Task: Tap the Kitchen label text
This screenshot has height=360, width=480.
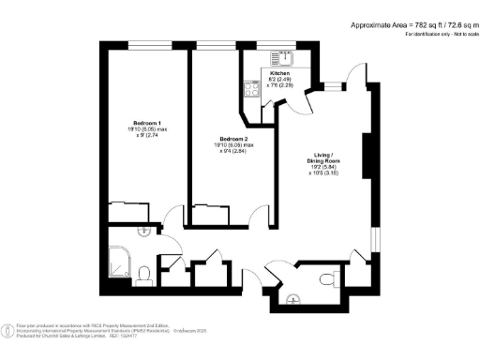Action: [x=280, y=73]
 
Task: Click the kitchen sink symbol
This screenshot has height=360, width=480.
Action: [x=280, y=56]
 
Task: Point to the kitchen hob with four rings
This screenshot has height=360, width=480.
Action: [x=251, y=90]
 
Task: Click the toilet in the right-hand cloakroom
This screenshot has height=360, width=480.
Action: [x=327, y=277]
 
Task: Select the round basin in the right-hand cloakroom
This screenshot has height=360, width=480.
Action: [x=294, y=299]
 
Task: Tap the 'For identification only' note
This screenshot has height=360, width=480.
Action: [x=438, y=34]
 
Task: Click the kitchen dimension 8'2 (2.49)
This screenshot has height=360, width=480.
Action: [x=280, y=80]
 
